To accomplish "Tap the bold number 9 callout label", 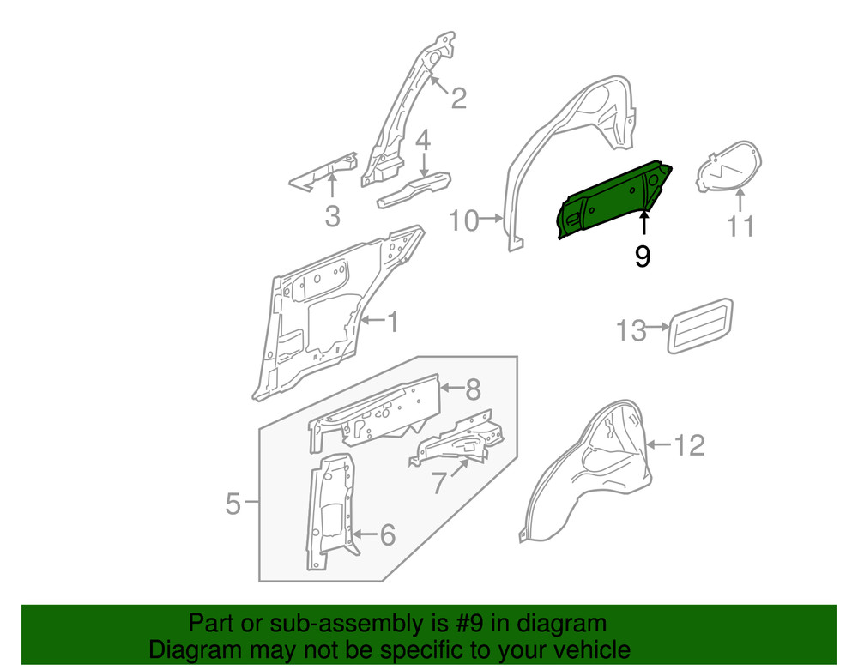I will pyautogui.click(x=643, y=257).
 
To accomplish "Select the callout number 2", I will pyautogui.click(x=459, y=99).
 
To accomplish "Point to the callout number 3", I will pyautogui.click(x=333, y=216).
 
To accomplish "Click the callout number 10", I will pyautogui.click(x=463, y=221).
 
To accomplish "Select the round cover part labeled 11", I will pyautogui.click(x=728, y=166).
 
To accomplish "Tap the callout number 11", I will pyautogui.click(x=740, y=226).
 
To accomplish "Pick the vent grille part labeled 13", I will pyautogui.click(x=702, y=325).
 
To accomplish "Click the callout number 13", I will pyautogui.click(x=631, y=329).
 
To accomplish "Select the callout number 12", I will pyautogui.click(x=690, y=444).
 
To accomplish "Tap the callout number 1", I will pyautogui.click(x=392, y=323).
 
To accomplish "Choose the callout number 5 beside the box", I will pyautogui.click(x=233, y=504).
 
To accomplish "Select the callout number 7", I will pyautogui.click(x=439, y=484).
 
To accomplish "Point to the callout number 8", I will pyautogui.click(x=473, y=390).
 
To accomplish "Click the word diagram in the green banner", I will pyautogui.click(x=563, y=623).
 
